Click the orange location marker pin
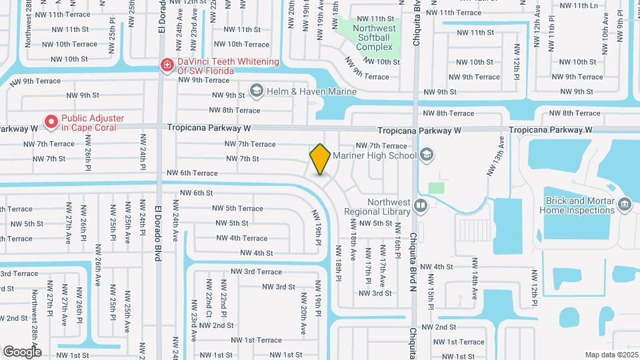320,159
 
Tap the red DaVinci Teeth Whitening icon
167,65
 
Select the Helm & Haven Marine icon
256,90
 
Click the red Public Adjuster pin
51,121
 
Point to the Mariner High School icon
427,155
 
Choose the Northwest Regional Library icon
421,205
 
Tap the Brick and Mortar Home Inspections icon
625,203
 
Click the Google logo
22,351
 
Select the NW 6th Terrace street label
192,173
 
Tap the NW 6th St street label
196,193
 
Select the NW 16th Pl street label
397,243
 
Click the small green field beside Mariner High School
436,188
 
